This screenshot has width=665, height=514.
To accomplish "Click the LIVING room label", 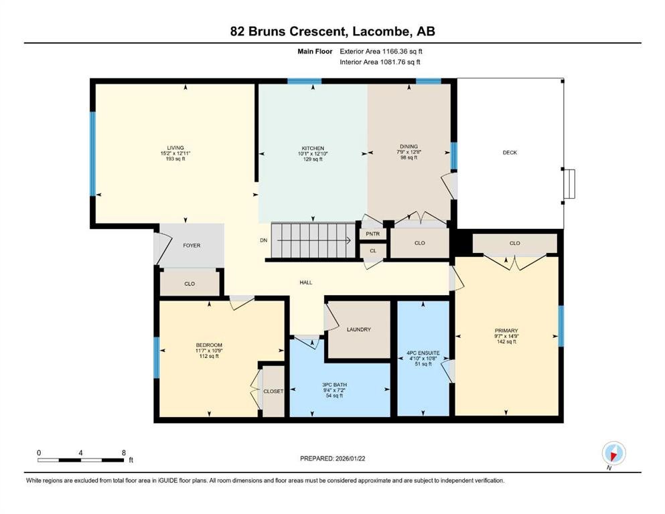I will tap(175, 148).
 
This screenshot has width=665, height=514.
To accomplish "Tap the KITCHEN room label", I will tap(313, 148).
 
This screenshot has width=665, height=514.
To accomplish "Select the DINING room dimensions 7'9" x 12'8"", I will tap(409, 153).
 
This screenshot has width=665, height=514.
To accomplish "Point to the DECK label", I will tap(510, 153).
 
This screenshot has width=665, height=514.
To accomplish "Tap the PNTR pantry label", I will tap(372, 234).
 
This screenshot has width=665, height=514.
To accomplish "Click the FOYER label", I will tap(192, 245).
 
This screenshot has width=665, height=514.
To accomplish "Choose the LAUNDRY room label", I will tap(359, 329).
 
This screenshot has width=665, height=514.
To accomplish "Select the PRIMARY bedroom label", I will tap(506, 330).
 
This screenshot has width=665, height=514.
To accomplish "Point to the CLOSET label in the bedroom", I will tap(273, 391).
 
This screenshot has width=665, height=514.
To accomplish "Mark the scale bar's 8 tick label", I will tap(123, 452).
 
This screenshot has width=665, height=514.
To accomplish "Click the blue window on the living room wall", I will tap(93, 154).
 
